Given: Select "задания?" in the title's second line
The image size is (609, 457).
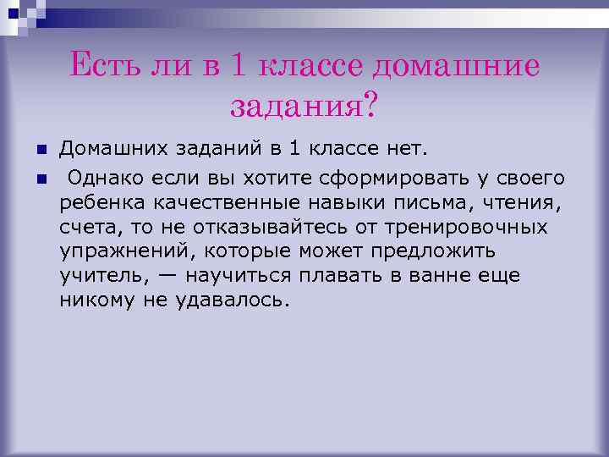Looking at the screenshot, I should coord(304,105).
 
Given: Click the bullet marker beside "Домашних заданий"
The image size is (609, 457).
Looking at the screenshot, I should coord(41,151).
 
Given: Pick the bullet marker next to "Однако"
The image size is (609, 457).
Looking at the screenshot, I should coord(41,178).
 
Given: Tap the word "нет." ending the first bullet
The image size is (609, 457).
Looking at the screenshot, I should coord(430,151).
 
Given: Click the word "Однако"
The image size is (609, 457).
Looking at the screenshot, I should coord(107,178).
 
